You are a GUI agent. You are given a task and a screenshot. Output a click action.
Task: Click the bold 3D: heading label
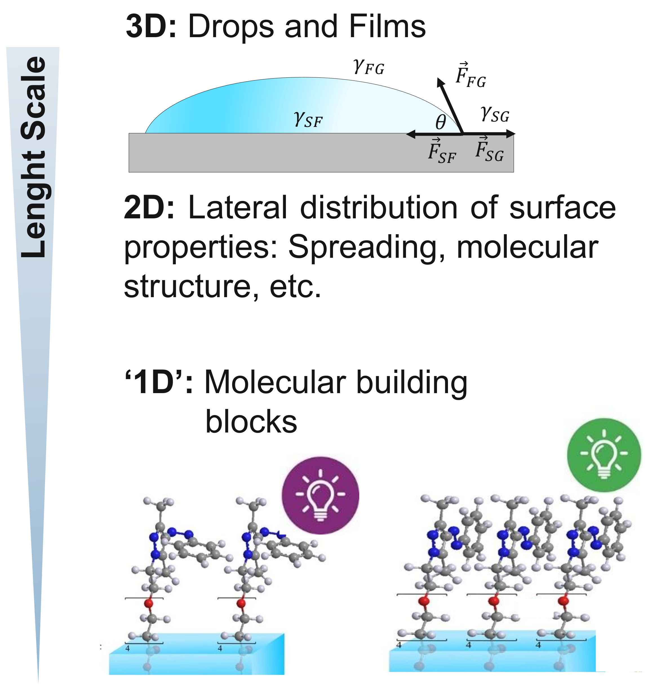[151, 27]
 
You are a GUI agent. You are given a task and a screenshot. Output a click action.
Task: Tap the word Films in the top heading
[387, 27]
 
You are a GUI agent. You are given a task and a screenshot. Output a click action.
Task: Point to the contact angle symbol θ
[440, 122]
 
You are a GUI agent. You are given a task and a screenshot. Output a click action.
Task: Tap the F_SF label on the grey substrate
[441, 151]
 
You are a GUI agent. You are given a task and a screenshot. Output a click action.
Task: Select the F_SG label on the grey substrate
[489, 150]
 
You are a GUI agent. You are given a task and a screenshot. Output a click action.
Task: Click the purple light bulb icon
[320, 495]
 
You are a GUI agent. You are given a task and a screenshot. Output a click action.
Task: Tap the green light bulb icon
[604, 454]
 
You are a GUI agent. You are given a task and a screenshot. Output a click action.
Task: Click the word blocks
[251, 422]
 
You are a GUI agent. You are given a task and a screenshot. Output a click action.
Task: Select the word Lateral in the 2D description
[238, 208]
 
